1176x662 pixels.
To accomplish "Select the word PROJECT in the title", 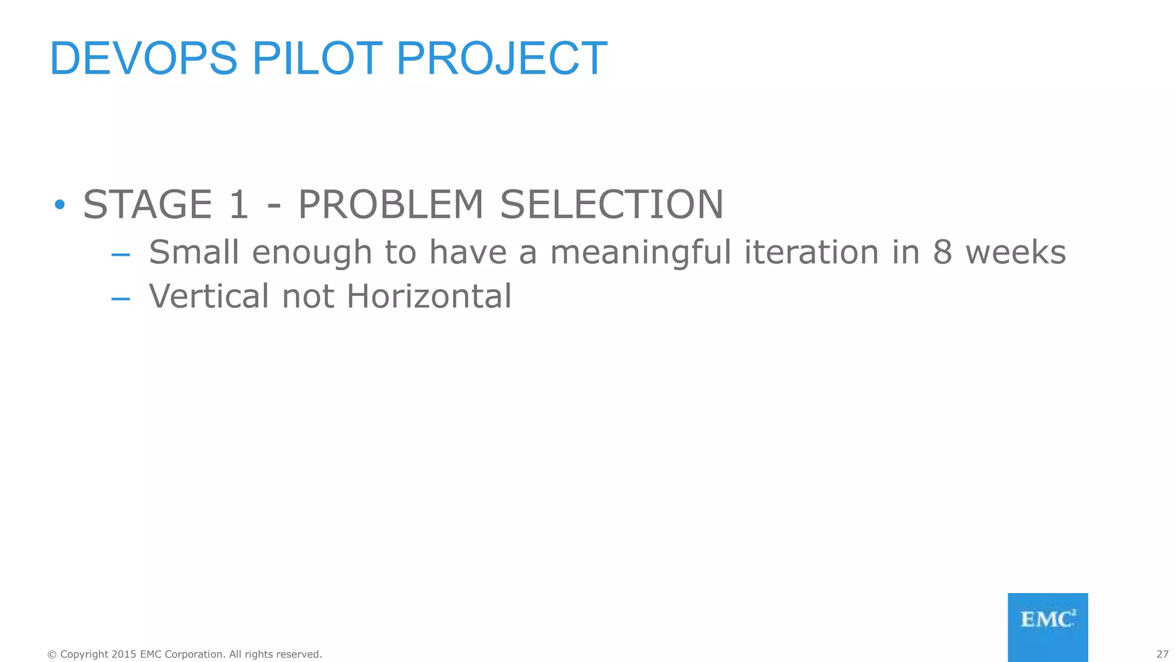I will [x=501, y=59].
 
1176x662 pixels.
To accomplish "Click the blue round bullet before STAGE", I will [x=59, y=205].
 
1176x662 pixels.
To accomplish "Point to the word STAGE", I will [x=148, y=205].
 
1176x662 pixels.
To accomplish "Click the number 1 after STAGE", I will [x=238, y=205].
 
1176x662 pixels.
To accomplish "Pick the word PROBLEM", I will [x=391, y=205].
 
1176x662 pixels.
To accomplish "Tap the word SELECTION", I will [x=612, y=205].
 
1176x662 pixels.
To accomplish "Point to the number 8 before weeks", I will [x=942, y=252].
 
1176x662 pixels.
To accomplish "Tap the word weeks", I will [x=1015, y=252].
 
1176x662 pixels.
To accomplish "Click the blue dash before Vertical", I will [x=121, y=299].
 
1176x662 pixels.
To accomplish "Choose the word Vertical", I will [x=209, y=297].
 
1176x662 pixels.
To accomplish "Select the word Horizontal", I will [x=429, y=297].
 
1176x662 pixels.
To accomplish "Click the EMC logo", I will [x=1047, y=627].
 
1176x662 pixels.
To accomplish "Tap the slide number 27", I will [x=1162, y=655].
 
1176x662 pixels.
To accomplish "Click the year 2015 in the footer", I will [x=124, y=655].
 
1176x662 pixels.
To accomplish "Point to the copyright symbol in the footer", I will [x=52, y=655].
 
